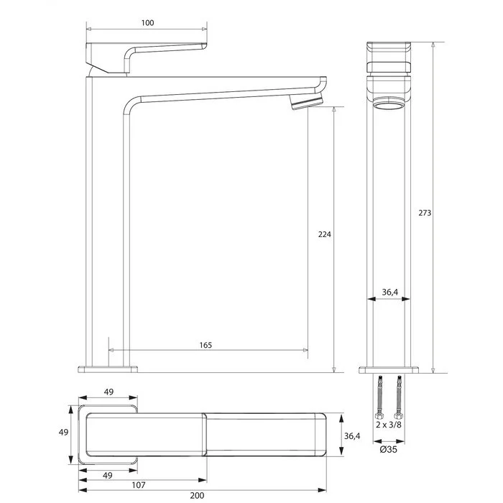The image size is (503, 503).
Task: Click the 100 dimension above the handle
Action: (147, 23)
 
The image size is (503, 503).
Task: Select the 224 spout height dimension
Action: (324, 234)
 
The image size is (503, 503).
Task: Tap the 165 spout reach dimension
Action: (206, 345)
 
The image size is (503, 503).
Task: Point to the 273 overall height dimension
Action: (425, 213)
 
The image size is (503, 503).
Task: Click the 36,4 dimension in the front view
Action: (389, 292)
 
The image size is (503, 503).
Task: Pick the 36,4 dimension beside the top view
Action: (352, 436)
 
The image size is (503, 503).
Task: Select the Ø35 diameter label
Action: (389, 449)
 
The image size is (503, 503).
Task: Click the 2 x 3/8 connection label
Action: (389, 425)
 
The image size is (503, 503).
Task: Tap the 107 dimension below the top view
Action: (139, 485)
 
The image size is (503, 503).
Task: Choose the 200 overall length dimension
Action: (197, 496)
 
